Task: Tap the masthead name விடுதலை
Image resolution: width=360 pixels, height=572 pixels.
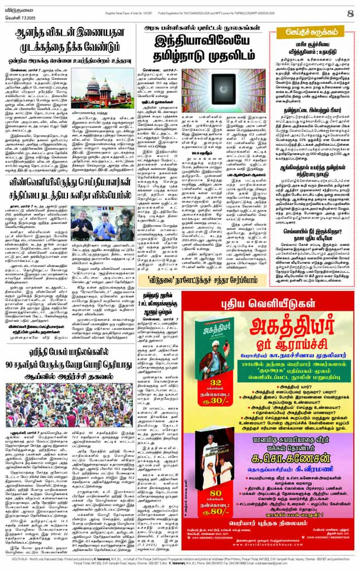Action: pyautogui.click(x=16, y=8)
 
